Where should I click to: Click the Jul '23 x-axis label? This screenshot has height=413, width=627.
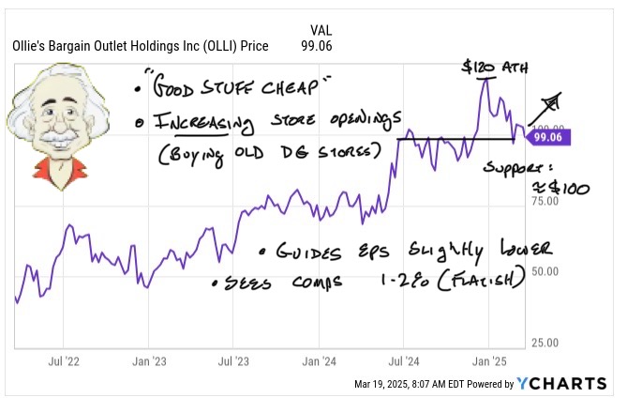click(232, 359)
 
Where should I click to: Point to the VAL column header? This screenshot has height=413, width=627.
click(320, 29)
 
